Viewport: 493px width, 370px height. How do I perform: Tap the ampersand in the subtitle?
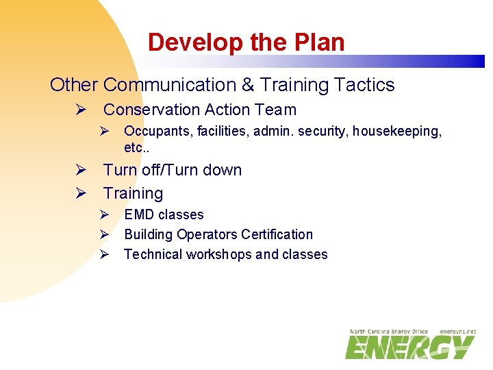click(x=247, y=85)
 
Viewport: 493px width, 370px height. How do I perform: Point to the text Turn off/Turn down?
click(x=173, y=170)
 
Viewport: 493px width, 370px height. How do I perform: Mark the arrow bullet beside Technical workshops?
click(x=104, y=254)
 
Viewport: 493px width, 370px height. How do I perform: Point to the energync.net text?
click(x=458, y=332)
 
